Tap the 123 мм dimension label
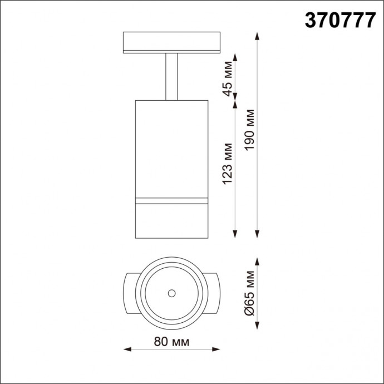[227, 164]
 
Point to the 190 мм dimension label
[249, 134]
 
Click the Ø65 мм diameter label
[249, 294]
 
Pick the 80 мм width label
[172, 341]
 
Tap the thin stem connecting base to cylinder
[171, 77]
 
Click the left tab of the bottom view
[129, 293]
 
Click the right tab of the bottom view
[215, 293]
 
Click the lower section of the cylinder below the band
[172, 220]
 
